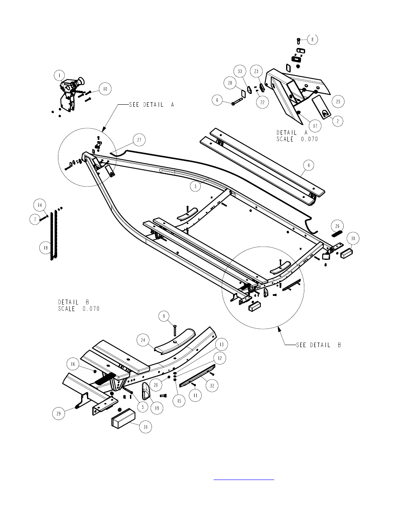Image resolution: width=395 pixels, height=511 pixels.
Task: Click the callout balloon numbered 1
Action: click(60, 75)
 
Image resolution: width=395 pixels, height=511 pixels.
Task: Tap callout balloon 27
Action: click(139, 140)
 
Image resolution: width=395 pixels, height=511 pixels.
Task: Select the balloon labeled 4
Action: click(308, 166)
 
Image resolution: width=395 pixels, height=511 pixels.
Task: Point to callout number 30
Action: click(353, 238)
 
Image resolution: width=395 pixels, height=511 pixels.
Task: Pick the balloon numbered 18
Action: click(46, 247)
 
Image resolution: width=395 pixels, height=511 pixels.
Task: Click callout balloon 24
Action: click(143, 340)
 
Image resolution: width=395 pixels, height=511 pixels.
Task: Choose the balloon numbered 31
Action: click(145, 427)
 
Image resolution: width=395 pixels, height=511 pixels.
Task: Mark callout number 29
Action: click(58, 413)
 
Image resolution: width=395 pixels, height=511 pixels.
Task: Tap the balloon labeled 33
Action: click(240, 71)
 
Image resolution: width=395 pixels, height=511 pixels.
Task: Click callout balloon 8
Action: click(312, 39)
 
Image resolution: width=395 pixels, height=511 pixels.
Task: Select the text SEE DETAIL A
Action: click(152, 105)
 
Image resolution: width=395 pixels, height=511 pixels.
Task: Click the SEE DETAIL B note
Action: click(318, 345)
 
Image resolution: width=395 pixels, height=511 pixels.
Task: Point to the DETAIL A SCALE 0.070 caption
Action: click(297, 136)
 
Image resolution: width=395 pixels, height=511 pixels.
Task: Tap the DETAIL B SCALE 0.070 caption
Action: click(79, 305)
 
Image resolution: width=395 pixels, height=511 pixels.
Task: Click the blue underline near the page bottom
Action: click(244, 479)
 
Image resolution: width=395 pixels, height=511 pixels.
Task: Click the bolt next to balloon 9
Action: click(175, 331)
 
